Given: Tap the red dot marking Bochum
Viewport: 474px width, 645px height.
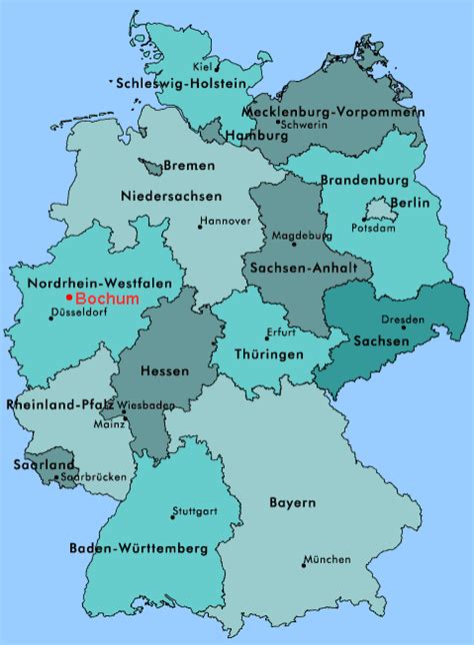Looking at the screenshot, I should pos(68,299).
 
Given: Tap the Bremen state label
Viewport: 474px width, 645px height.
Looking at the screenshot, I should pos(188,165).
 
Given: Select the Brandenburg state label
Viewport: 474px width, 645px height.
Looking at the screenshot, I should pos(364,181).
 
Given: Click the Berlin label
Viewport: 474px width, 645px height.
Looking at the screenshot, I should pos(410,203).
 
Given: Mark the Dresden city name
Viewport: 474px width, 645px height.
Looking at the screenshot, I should pos(402,321).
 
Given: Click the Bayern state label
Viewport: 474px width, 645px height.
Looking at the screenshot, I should pos(292,502).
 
